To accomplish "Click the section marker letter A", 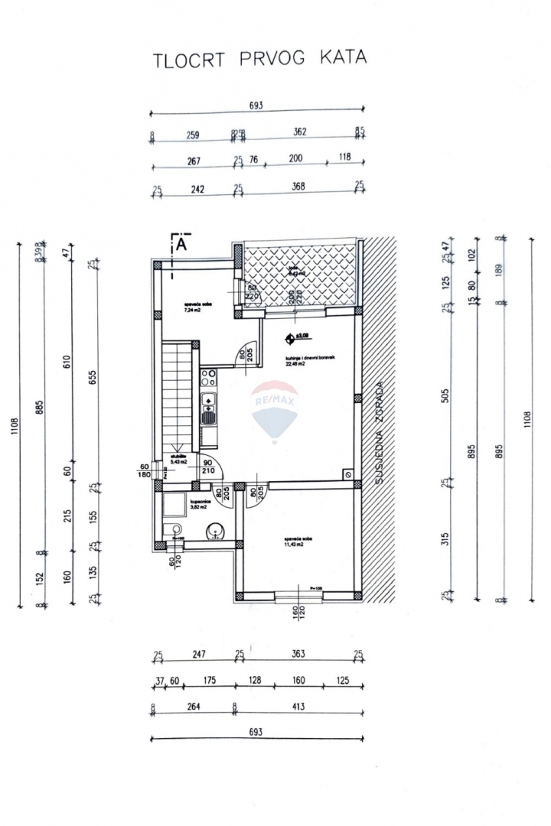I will [x=181, y=244].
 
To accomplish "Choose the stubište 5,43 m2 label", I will [x=181, y=461].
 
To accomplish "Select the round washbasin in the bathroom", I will [x=213, y=529].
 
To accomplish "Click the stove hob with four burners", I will [x=207, y=376].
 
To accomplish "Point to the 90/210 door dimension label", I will [x=207, y=466].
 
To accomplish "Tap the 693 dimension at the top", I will [x=256, y=106].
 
